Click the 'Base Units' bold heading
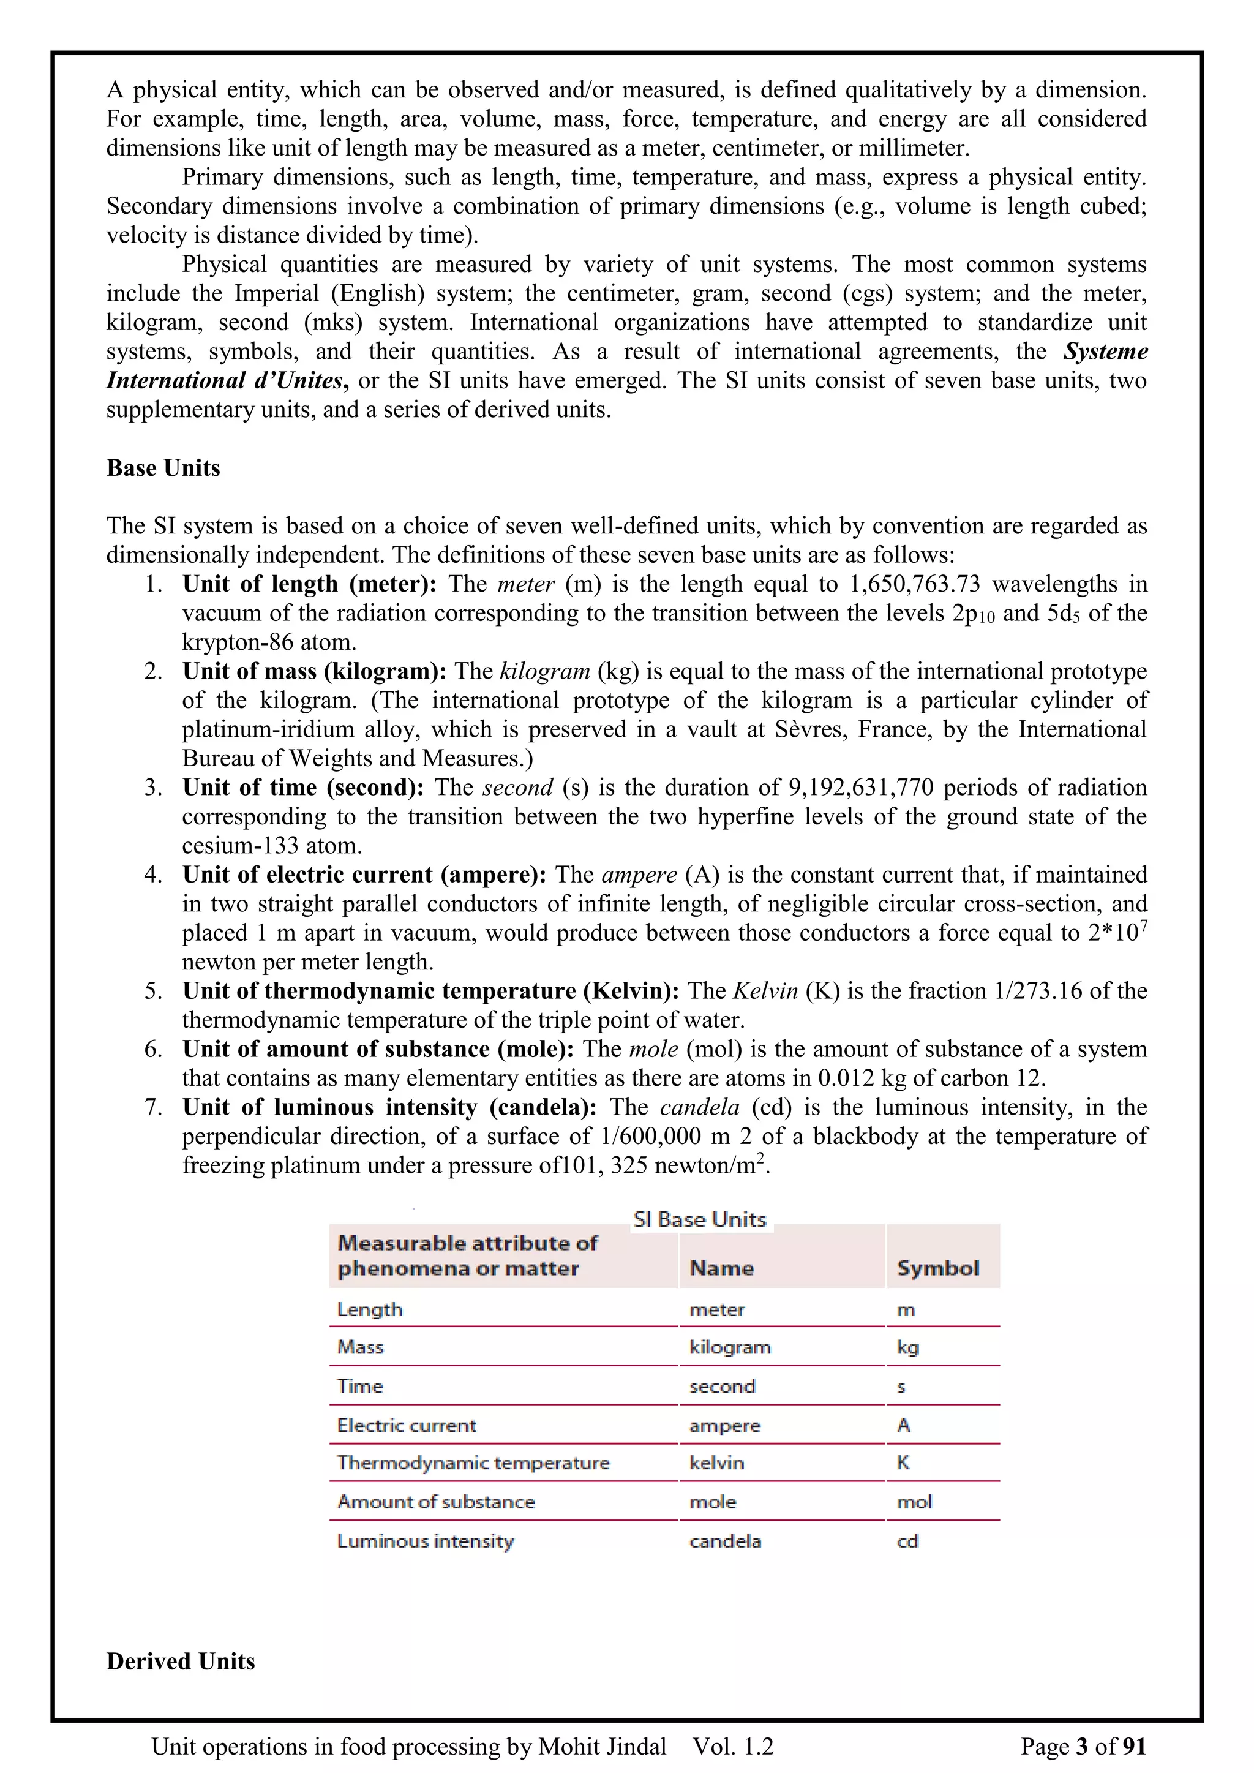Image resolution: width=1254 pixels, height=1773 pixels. [163, 468]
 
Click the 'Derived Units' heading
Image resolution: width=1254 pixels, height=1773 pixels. [181, 1661]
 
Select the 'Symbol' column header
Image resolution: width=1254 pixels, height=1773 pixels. [937, 1268]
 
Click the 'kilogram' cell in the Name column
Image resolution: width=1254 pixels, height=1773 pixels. [730, 1347]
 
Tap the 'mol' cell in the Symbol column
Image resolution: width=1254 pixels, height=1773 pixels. [914, 1502]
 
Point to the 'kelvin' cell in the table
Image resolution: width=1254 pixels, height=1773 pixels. [716, 1462]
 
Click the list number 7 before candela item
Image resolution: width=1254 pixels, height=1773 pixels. [151, 1107]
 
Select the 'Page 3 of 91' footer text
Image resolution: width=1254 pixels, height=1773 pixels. [1083, 1746]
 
